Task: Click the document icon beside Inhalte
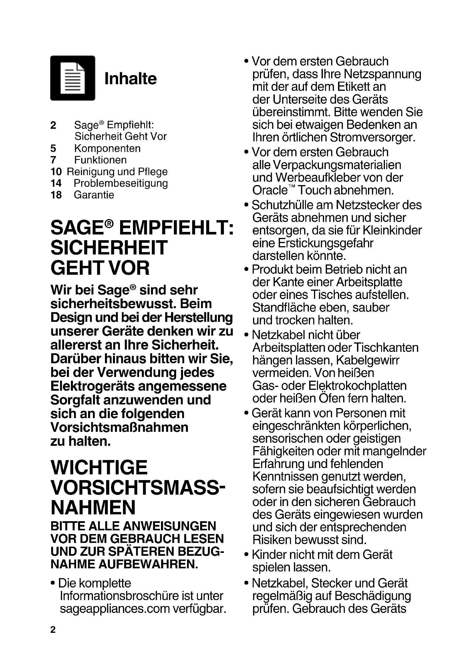point(73,78)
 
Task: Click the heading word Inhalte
point(130,79)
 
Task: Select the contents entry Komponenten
point(107,149)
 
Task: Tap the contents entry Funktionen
point(100,160)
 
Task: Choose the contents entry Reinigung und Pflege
point(117,172)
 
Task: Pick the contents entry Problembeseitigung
point(121,183)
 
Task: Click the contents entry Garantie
point(94,195)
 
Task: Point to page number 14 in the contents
point(56,183)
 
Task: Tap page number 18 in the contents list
point(56,195)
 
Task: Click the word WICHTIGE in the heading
point(99,468)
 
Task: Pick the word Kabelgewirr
point(368,360)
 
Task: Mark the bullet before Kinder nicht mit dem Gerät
point(247,555)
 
